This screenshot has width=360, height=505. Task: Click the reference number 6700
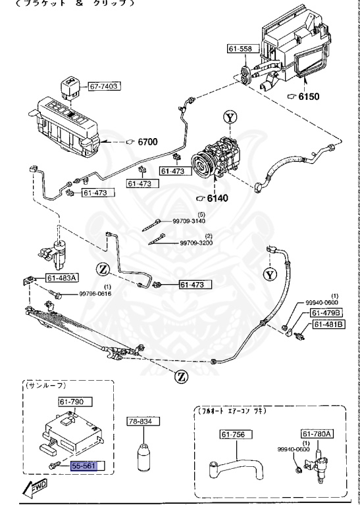pos(147,141)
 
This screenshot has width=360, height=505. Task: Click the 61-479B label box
pos(327,312)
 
